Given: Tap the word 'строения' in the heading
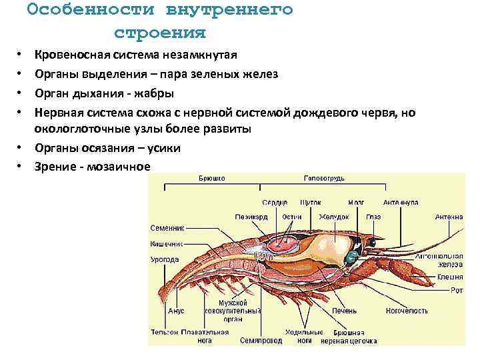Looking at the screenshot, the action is pos(160,33).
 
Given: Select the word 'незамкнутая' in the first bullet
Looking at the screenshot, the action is pos(204,55).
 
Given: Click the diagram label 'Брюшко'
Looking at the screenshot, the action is pos(211,178).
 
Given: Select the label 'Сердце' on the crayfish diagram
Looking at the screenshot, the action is pos(274,201).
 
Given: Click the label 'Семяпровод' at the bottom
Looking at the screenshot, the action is pos(261,340).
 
